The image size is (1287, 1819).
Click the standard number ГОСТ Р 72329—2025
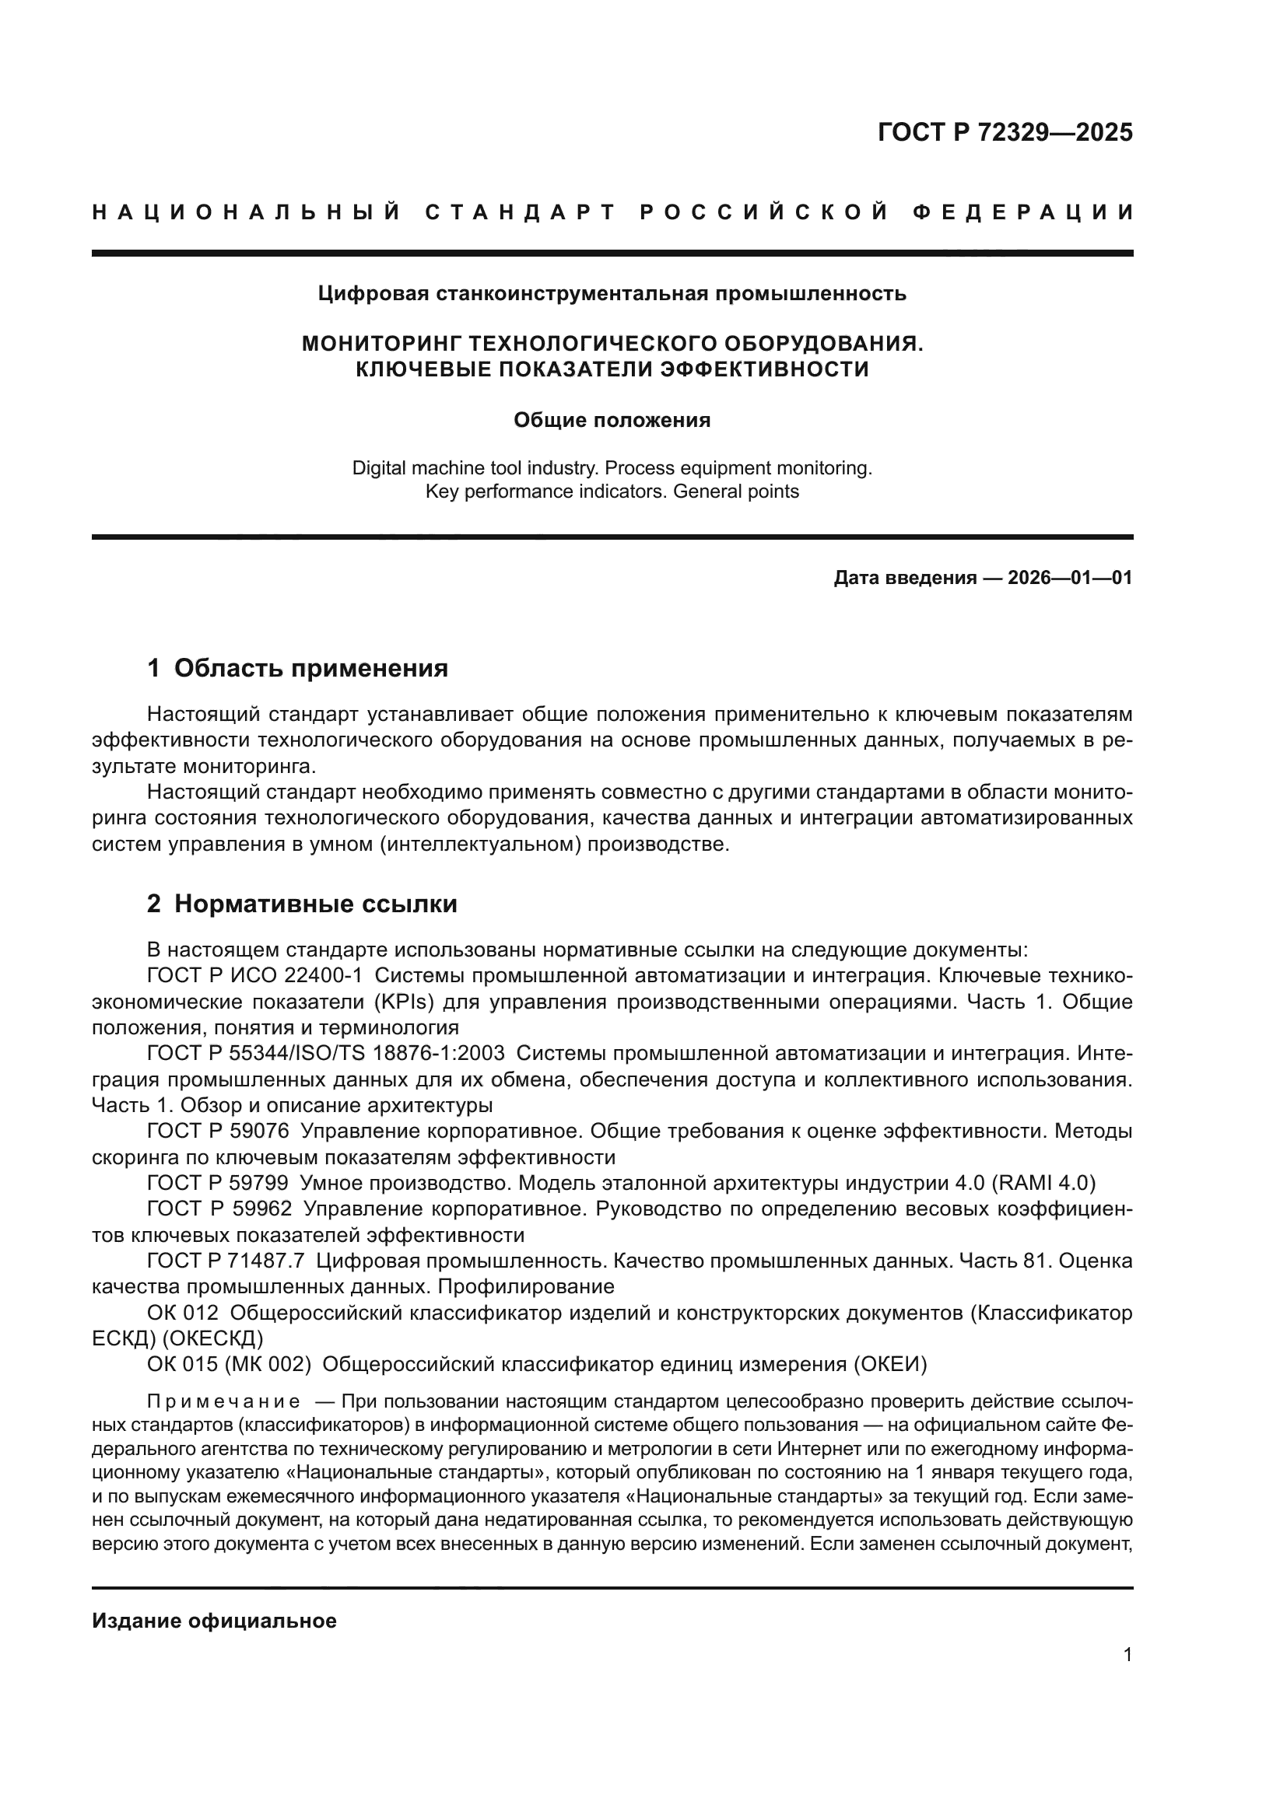[x=1005, y=132]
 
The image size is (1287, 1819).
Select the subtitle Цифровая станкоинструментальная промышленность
[x=612, y=294]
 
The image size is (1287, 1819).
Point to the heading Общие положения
[x=612, y=420]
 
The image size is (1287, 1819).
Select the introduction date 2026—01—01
[x=1070, y=578]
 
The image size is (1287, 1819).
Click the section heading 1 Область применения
[x=297, y=668]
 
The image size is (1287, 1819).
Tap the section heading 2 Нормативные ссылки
[x=302, y=903]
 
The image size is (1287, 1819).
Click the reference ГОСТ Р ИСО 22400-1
[x=254, y=975]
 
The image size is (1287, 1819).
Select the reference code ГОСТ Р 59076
[x=218, y=1131]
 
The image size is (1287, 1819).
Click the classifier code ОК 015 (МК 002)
[x=229, y=1363]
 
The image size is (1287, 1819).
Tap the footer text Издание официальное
[x=214, y=1620]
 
